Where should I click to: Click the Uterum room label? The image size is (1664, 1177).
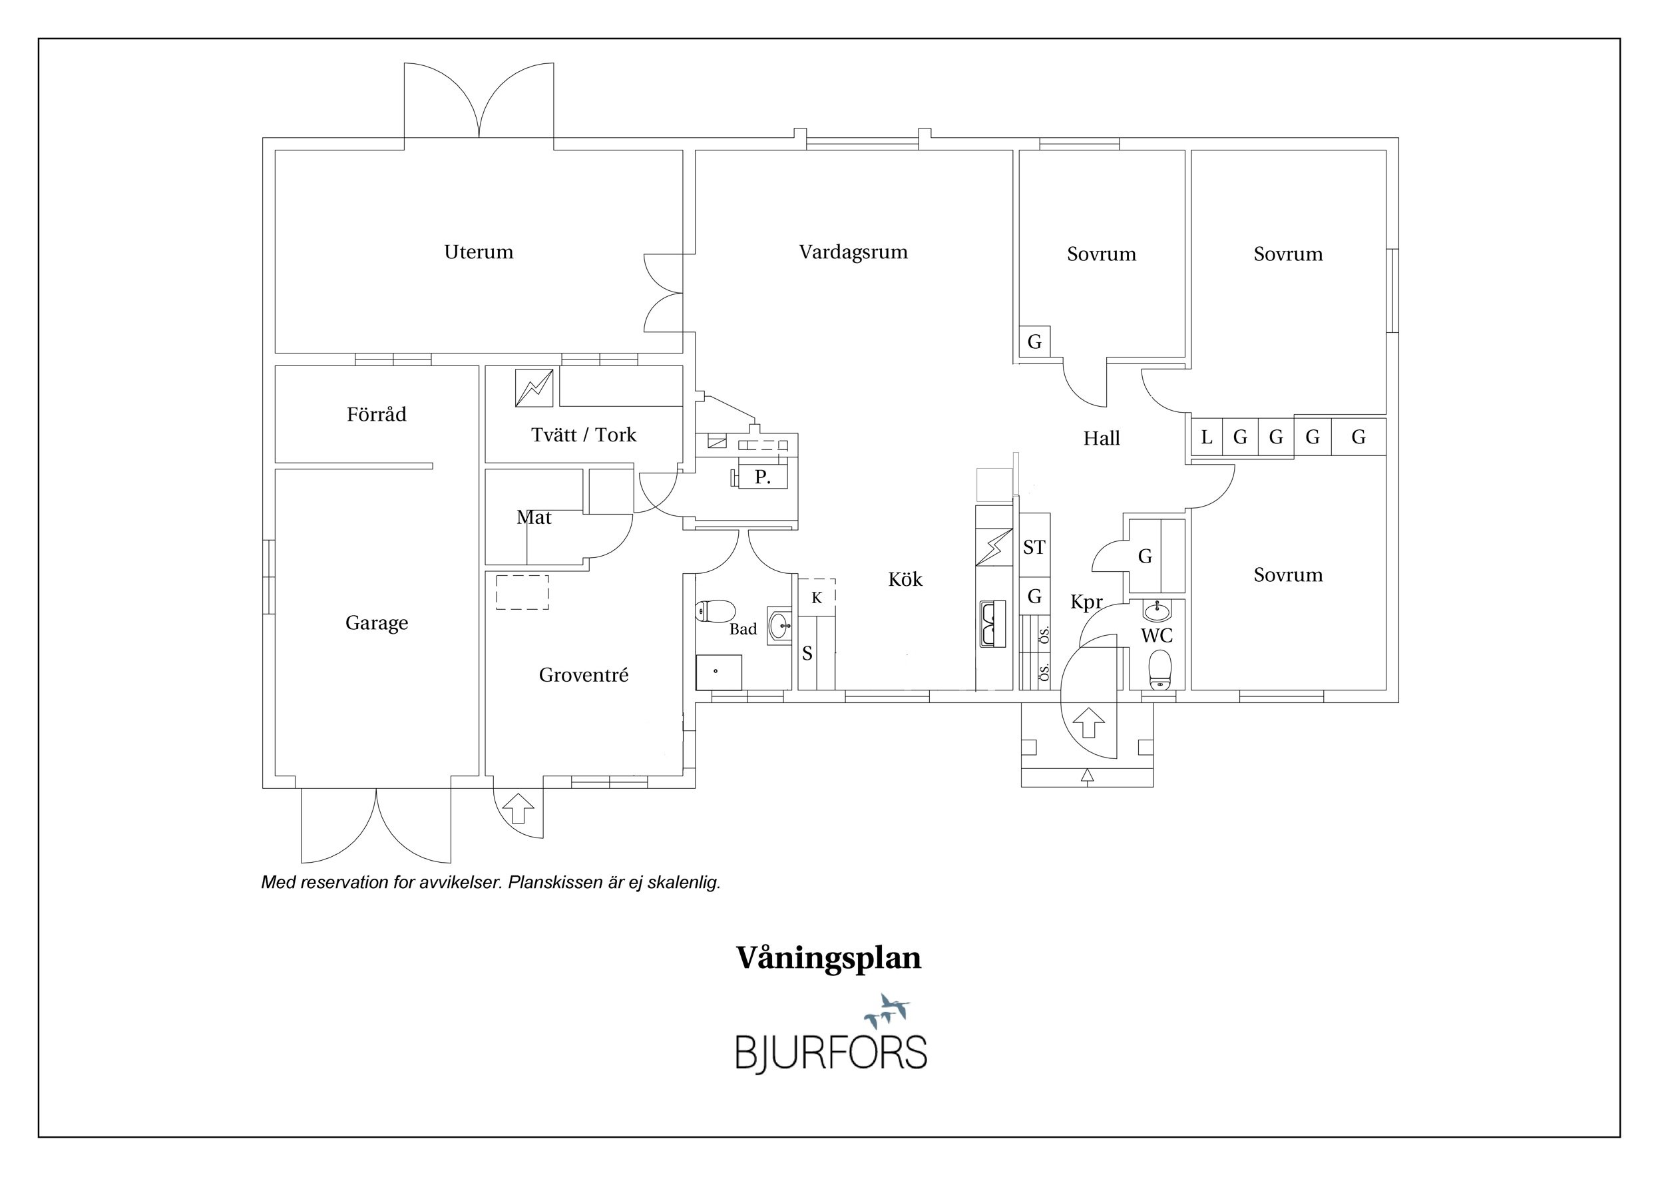(479, 252)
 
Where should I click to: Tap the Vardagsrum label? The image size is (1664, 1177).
(853, 252)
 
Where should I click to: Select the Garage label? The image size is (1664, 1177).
(376, 623)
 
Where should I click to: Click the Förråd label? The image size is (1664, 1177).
(376, 415)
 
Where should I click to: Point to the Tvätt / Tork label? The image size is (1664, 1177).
(584, 435)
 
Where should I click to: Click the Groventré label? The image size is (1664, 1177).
(584, 676)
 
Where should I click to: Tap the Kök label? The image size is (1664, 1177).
(905, 579)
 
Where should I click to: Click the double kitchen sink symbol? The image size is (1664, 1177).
(992, 623)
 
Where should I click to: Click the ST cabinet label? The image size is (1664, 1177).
(1034, 547)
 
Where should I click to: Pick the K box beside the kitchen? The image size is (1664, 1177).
(817, 598)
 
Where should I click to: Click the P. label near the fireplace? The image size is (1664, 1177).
(761, 477)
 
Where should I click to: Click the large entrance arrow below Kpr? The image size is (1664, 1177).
(1088, 723)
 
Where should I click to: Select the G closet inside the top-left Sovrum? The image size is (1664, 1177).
(1034, 342)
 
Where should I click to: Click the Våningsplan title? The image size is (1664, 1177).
(829, 957)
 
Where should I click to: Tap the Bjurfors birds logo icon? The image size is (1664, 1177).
(888, 1011)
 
